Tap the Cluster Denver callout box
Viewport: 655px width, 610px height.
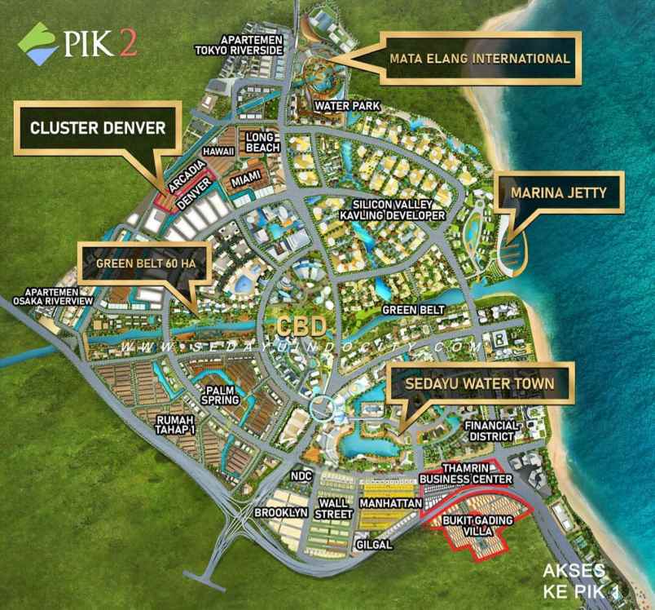[x=97, y=128]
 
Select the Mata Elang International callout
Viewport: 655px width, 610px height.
[x=479, y=59]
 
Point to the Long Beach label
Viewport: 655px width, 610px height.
[x=262, y=142]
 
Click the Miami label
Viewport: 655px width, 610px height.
[x=245, y=179]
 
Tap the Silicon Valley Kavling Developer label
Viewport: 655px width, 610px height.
[x=399, y=210]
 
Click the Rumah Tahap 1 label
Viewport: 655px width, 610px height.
[x=176, y=424]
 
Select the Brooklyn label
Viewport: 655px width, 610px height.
[x=280, y=513]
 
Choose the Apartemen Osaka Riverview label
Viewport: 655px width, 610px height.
[x=52, y=296]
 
